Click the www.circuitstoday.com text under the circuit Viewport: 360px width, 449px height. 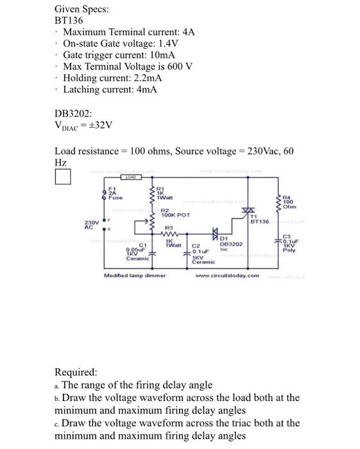[x=228, y=276]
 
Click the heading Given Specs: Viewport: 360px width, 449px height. [x=81, y=9]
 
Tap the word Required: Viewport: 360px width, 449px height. [x=76, y=372]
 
